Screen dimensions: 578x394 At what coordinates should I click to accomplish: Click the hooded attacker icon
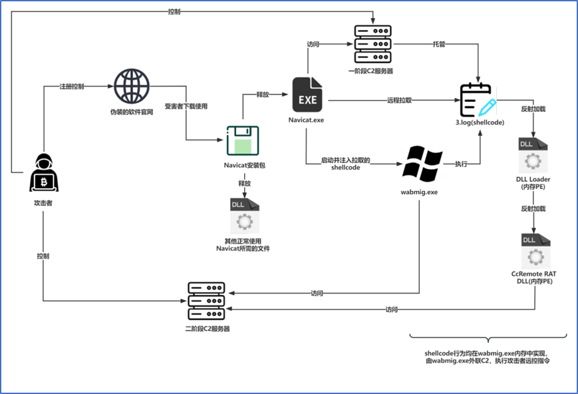pos(44,172)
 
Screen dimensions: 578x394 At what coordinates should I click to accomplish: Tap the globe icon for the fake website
pos(132,87)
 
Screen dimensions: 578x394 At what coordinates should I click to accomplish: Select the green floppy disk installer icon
pos(243,140)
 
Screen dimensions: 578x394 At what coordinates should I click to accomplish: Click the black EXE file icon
pos(307,95)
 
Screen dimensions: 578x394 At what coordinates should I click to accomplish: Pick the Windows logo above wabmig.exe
pos(422,164)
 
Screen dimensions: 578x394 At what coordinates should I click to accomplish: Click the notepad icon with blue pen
pos(478,100)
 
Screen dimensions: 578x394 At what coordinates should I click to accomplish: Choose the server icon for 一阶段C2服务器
pos(372,44)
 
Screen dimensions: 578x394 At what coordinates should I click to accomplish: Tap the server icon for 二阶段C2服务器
pos(206,301)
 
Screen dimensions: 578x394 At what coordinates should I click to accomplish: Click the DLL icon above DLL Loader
pos(533,155)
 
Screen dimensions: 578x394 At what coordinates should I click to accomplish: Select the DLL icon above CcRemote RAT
pos(536,251)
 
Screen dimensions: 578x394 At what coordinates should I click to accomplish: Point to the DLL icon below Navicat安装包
pos(245,216)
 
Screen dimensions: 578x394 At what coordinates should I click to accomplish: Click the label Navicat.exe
pos(307,120)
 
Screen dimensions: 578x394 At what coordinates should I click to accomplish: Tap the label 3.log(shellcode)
pos(480,122)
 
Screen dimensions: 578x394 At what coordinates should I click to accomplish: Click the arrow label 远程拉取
pos(400,100)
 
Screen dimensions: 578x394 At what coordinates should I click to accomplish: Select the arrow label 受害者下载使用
pos(186,106)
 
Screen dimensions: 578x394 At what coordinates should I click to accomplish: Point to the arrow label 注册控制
pos(72,87)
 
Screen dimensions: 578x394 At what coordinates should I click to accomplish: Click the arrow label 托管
pos(439,45)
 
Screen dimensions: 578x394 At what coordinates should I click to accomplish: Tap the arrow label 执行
pos(461,164)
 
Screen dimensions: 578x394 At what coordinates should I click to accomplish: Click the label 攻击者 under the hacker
pos(43,203)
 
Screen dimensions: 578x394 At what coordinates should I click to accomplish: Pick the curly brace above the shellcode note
pos(488,337)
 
